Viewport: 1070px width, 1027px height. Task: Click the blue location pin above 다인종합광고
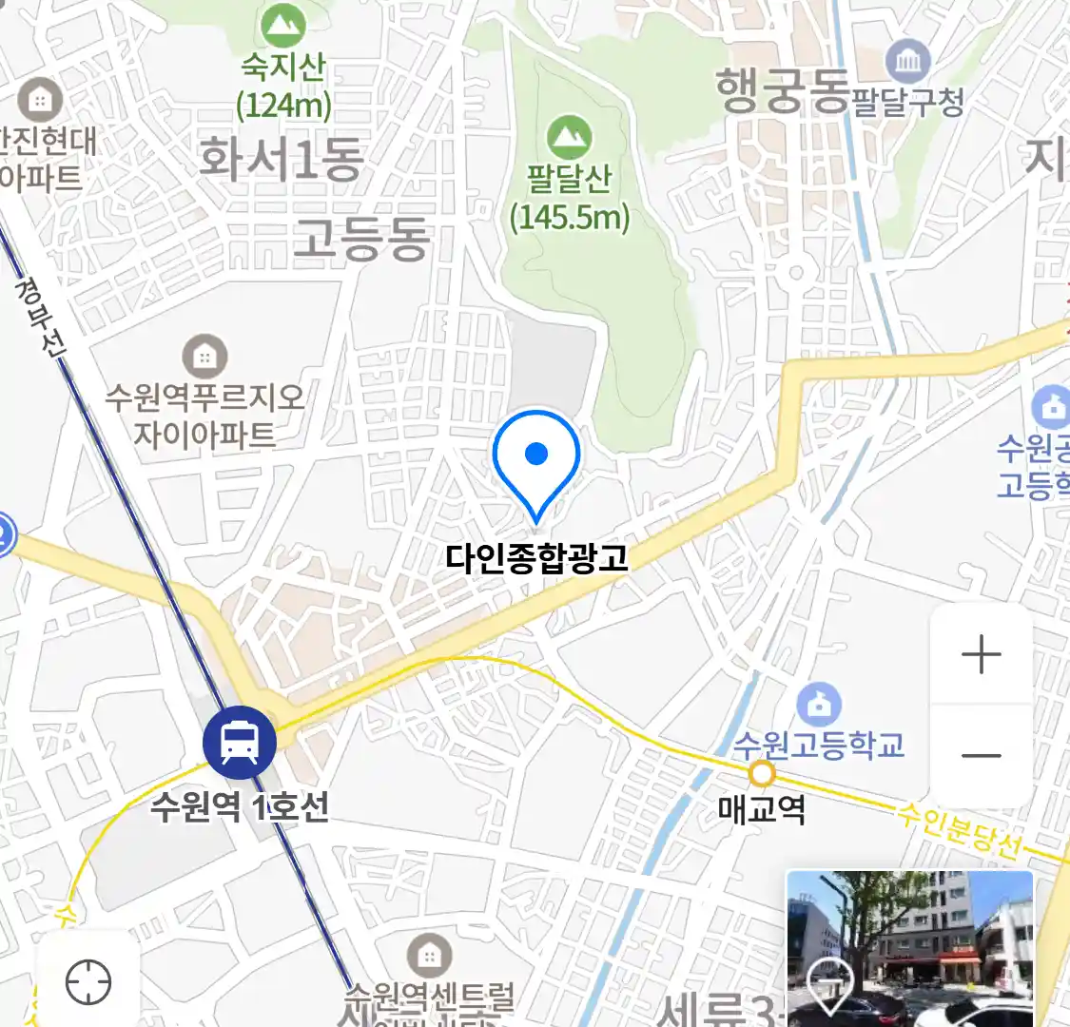tap(536, 457)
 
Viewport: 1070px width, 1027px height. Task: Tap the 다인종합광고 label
tap(537, 557)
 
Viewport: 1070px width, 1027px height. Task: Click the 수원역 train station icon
tap(240, 743)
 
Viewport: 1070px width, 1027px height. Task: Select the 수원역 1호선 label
tap(240, 807)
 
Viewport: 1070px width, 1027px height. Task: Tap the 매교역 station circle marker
tap(762, 774)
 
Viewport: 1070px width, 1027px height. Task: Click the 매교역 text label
tap(762, 810)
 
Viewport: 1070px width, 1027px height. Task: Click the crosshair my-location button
tap(88, 981)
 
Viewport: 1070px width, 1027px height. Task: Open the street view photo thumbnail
tap(909, 947)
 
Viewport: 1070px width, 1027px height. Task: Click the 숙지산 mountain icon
tap(282, 26)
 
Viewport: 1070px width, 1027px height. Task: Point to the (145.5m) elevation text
tap(570, 218)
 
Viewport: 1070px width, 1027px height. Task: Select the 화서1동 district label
tap(282, 158)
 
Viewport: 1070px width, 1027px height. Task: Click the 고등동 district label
tap(361, 238)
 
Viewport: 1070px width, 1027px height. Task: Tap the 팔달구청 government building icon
tap(908, 63)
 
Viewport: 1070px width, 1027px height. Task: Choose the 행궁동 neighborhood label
tap(782, 91)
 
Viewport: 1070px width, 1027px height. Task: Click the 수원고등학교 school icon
tap(818, 705)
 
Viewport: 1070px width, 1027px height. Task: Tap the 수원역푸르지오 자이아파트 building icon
tap(204, 358)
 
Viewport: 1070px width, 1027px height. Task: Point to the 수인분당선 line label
tap(961, 829)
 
